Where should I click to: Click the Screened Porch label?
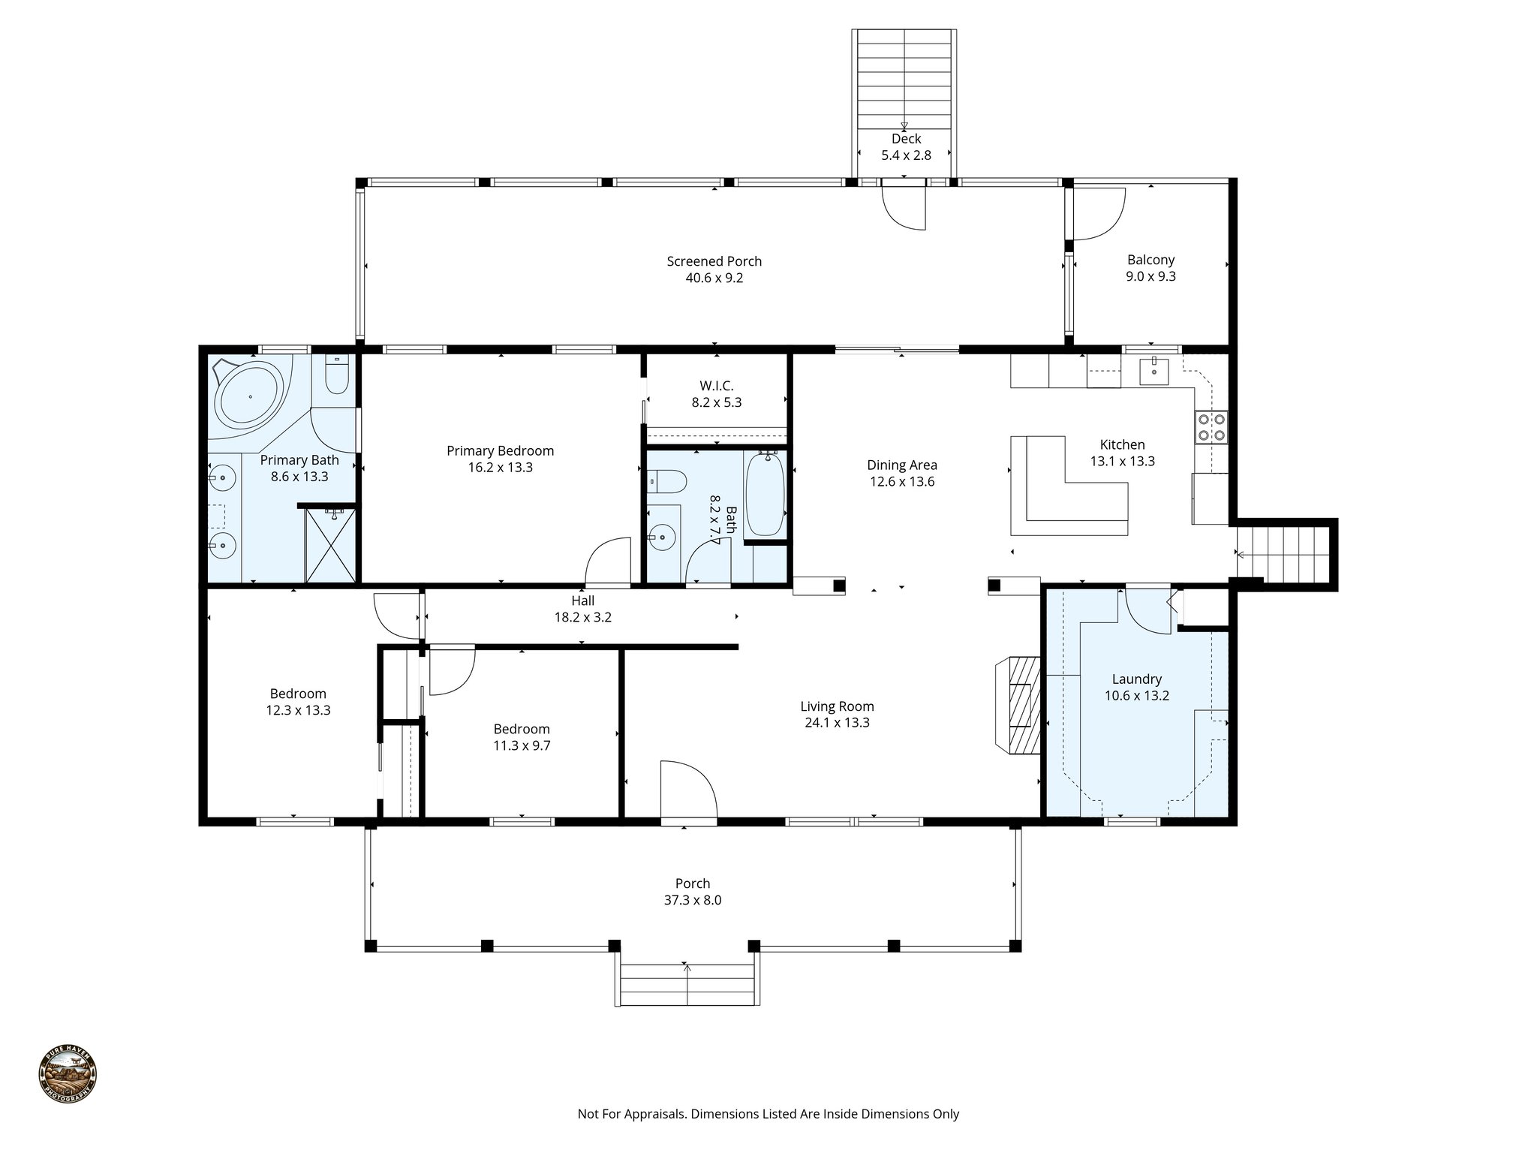coord(714,261)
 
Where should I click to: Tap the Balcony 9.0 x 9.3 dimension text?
coord(1150,276)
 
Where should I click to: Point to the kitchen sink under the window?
coord(1154,371)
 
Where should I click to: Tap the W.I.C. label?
coord(716,386)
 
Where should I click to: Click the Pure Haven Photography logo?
coord(68,1073)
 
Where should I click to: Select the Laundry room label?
coord(1136,679)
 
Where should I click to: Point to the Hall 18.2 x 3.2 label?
coord(582,609)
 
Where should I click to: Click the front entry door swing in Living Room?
coord(687,792)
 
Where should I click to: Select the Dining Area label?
coord(901,465)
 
